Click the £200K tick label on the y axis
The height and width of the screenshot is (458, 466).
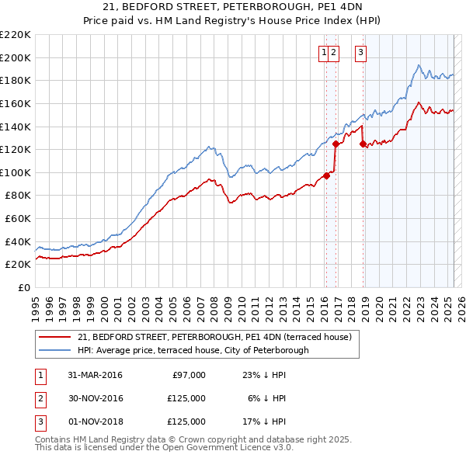point(16,57)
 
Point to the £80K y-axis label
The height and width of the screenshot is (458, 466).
point(18,196)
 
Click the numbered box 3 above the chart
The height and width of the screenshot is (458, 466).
point(362,53)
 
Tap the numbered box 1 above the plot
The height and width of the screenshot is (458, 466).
point(322,53)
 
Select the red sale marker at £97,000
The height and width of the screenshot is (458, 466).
point(327,175)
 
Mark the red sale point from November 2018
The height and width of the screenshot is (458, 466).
point(363,144)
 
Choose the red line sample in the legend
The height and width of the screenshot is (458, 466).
point(55,337)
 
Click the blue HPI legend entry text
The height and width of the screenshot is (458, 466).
point(193,350)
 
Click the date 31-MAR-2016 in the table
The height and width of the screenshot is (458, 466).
point(95,375)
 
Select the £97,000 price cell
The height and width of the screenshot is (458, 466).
point(187,375)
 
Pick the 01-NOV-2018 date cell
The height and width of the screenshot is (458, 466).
point(95,422)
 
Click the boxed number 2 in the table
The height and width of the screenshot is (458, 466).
point(40,398)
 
